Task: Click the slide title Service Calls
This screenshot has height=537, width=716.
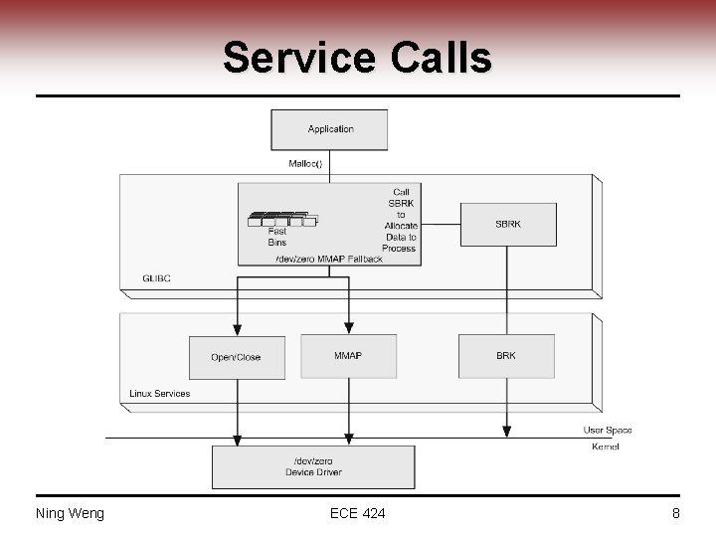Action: [357, 58]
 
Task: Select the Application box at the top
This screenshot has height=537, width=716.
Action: [329, 129]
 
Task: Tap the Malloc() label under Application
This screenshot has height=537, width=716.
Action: [305, 163]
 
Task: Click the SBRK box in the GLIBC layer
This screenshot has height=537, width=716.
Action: [507, 225]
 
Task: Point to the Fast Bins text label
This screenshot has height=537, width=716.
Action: [276, 237]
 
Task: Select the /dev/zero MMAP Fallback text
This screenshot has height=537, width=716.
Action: [328, 259]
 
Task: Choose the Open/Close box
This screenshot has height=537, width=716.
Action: [237, 357]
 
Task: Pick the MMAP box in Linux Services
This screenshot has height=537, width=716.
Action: [348, 356]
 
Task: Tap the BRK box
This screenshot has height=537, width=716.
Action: [506, 356]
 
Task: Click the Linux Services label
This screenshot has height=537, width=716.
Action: [160, 394]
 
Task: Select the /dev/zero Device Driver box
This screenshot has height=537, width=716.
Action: [313, 466]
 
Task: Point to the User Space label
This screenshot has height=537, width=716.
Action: [607, 430]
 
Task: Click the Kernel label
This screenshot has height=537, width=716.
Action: [605, 447]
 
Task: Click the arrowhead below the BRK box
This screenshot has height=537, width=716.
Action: [506, 431]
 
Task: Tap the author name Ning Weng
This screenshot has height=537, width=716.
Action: [70, 513]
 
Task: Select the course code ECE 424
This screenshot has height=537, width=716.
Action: [357, 513]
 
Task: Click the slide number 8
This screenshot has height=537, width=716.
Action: [675, 513]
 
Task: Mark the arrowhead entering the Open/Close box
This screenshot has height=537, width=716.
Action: [238, 330]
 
